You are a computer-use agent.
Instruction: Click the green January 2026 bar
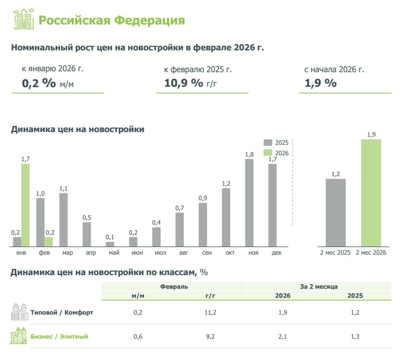(25, 205)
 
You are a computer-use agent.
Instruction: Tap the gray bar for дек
(272, 205)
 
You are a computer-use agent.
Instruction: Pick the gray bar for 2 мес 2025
(335, 212)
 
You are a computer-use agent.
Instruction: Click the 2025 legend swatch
(268, 143)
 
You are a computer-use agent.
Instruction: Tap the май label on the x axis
(110, 252)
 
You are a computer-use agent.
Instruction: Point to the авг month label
(179, 252)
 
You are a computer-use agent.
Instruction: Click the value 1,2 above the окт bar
(226, 183)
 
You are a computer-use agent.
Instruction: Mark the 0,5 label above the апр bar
(87, 217)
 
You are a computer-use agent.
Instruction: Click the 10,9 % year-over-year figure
(184, 84)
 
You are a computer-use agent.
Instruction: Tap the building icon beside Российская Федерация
(23, 20)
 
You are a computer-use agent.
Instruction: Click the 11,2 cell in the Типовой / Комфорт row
(210, 313)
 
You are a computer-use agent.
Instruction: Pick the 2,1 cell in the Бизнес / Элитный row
(283, 336)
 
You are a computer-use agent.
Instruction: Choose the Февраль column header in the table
(174, 286)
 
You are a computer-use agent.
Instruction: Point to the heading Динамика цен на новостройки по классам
(109, 272)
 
